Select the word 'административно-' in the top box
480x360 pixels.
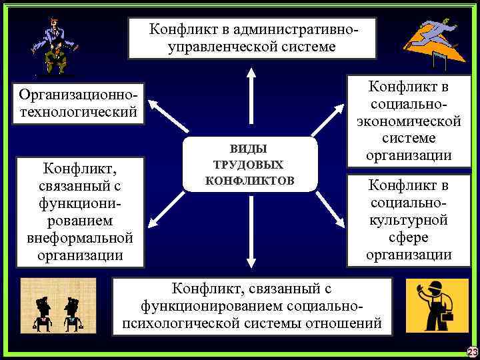(287, 29)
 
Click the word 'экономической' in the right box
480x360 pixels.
(409, 122)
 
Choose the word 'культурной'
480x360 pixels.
(409, 220)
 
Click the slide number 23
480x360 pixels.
(472, 352)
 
